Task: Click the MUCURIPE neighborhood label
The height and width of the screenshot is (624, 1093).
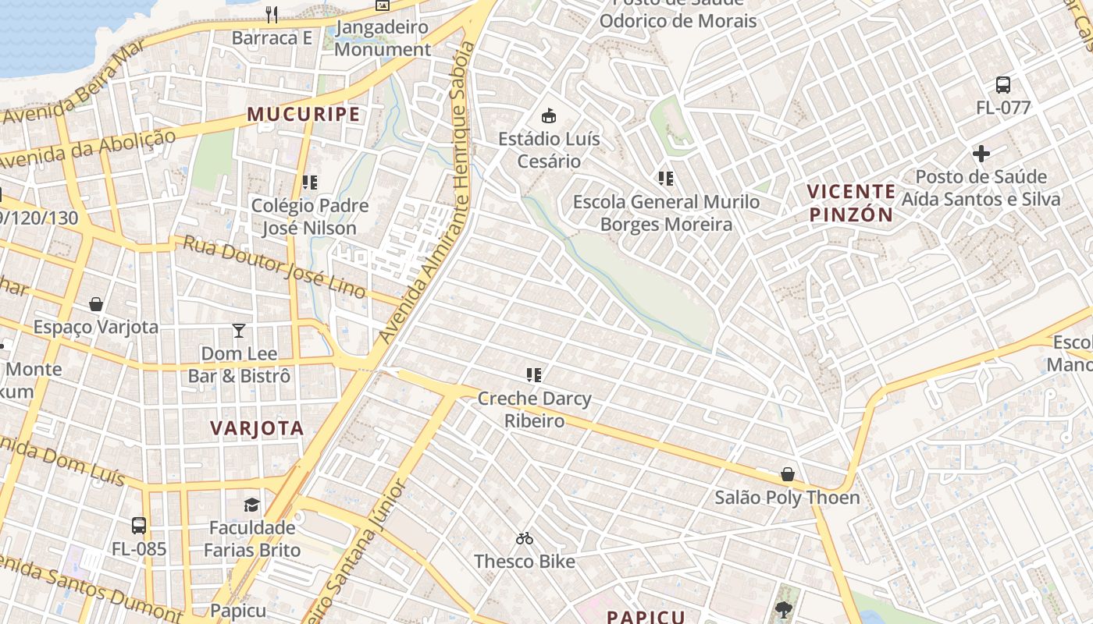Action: click(304, 114)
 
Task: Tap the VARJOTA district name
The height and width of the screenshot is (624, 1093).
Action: click(257, 428)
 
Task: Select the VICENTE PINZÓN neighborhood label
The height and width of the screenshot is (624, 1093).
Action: click(851, 203)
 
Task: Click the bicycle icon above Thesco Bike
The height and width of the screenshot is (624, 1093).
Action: click(525, 538)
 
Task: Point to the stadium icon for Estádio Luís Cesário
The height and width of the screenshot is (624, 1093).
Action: click(550, 116)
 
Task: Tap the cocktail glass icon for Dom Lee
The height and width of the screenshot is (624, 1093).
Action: click(239, 331)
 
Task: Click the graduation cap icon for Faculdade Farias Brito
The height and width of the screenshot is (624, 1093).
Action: click(251, 505)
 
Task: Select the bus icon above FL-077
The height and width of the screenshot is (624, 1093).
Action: click(1003, 85)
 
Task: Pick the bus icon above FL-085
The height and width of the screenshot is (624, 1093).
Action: click(139, 526)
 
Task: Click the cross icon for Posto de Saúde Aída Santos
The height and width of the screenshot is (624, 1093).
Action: click(981, 154)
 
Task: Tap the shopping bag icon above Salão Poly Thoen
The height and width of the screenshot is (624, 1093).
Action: click(788, 474)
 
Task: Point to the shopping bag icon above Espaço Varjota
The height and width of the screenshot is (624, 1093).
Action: click(96, 304)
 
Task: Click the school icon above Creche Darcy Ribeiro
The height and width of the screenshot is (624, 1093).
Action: click(534, 375)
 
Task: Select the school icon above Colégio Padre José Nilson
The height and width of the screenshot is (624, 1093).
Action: click(309, 183)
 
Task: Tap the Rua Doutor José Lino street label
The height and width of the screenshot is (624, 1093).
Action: click(274, 267)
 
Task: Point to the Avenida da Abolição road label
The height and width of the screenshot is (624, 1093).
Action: click(87, 150)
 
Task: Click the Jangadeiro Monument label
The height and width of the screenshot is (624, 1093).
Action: click(383, 38)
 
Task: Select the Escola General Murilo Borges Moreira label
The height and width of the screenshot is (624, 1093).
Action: click(666, 213)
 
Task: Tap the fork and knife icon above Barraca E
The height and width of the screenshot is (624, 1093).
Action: click(272, 14)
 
